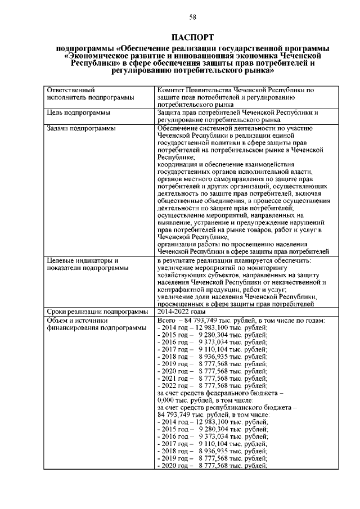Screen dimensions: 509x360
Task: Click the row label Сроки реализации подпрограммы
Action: [97, 312]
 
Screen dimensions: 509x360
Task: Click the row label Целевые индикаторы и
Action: [82, 260]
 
